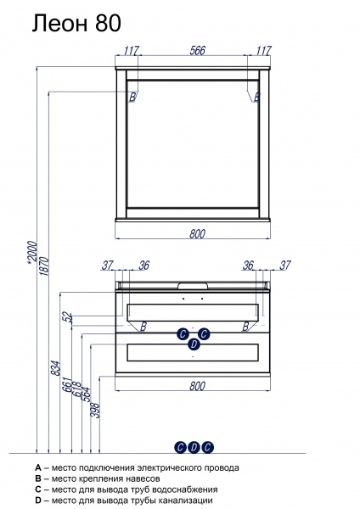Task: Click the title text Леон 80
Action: (76, 24)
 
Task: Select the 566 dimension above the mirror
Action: (198, 50)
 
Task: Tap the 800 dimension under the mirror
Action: (197, 234)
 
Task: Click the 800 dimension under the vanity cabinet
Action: (197, 386)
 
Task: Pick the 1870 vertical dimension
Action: (45, 266)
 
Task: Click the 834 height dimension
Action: (56, 368)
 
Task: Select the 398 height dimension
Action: (96, 410)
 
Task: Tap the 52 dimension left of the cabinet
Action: (67, 317)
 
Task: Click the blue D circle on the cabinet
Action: (194, 344)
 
